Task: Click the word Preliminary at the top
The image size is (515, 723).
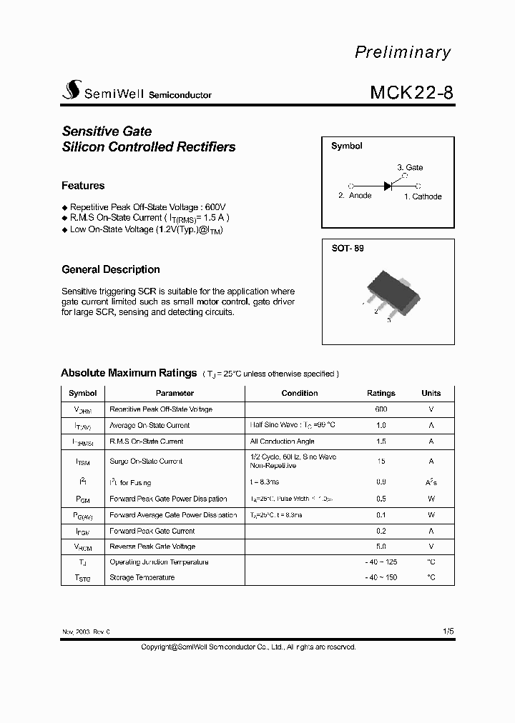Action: click(403, 52)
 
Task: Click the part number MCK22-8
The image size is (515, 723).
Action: click(411, 93)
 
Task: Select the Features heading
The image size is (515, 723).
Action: click(83, 186)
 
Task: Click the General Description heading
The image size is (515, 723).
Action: click(111, 269)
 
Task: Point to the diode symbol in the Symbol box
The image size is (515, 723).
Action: click(388, 186)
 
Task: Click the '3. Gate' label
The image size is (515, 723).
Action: click(410, 167)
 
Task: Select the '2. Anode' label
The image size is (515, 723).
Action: click(355, 196)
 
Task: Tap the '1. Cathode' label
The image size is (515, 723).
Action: click(423, 196)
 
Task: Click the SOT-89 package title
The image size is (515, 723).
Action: click(347, 249)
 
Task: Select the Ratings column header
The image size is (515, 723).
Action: click(381, 393)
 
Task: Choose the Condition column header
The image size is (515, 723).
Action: click(300, 393)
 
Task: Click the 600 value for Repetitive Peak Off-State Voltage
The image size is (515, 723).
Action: click(381, 409)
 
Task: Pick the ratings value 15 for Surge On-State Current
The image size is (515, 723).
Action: click(381, 462)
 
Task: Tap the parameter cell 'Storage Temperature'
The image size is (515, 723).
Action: click(142, 577)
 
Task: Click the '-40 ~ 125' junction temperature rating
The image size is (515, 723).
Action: click(381, 562)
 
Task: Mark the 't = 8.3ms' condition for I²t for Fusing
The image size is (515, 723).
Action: click(265, 483)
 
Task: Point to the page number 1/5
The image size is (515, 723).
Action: click(448, 632)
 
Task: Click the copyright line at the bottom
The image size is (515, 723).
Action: click(247, 647)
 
